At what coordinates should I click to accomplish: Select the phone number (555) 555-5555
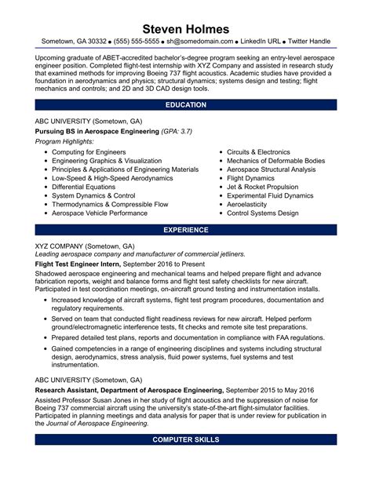(137, 40)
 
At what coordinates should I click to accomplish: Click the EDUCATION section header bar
(186, 104)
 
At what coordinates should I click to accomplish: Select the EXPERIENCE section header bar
(186, 230)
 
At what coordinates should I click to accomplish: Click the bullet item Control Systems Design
(262, 213)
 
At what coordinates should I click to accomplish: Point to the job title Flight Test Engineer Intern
(78, 264)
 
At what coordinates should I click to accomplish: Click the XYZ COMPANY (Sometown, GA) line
(85, 246)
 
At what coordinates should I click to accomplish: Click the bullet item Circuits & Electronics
(258, 151)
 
